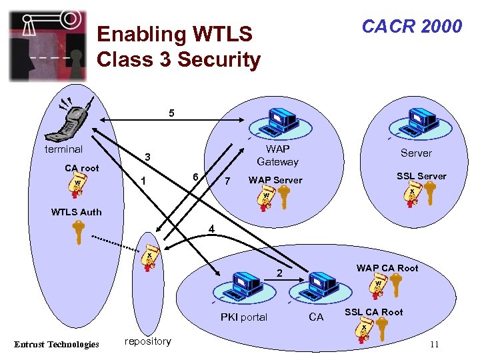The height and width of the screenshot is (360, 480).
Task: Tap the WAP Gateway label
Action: tap(277, 155)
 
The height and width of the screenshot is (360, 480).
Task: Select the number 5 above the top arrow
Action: tap(171, 113)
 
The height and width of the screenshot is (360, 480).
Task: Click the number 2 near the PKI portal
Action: tap(280, 274)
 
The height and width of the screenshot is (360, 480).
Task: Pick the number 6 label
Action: tap(194, 176)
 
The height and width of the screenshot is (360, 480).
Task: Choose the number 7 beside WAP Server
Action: tap(227, 181)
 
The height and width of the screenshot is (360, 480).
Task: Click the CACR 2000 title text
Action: tap(411, 26)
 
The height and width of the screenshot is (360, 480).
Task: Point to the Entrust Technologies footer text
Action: tap(57, 344)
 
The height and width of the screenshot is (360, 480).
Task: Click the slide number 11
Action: tap(434, 344)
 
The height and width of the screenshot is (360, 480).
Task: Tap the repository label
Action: tap(147, 341)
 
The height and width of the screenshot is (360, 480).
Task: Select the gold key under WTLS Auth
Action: tap(79, 233)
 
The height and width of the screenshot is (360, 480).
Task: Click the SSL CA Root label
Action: tap(373, 312)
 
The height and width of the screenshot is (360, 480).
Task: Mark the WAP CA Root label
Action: tap(387, 268)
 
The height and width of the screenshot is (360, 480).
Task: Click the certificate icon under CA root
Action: tap(79, 186)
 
